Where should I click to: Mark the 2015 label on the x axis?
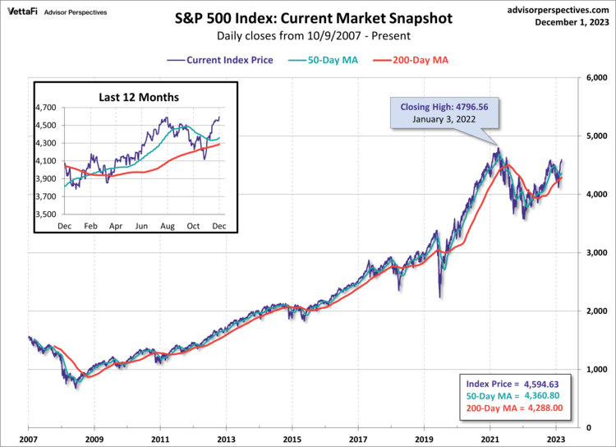point(292,440)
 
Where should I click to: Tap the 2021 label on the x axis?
point(490,440)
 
